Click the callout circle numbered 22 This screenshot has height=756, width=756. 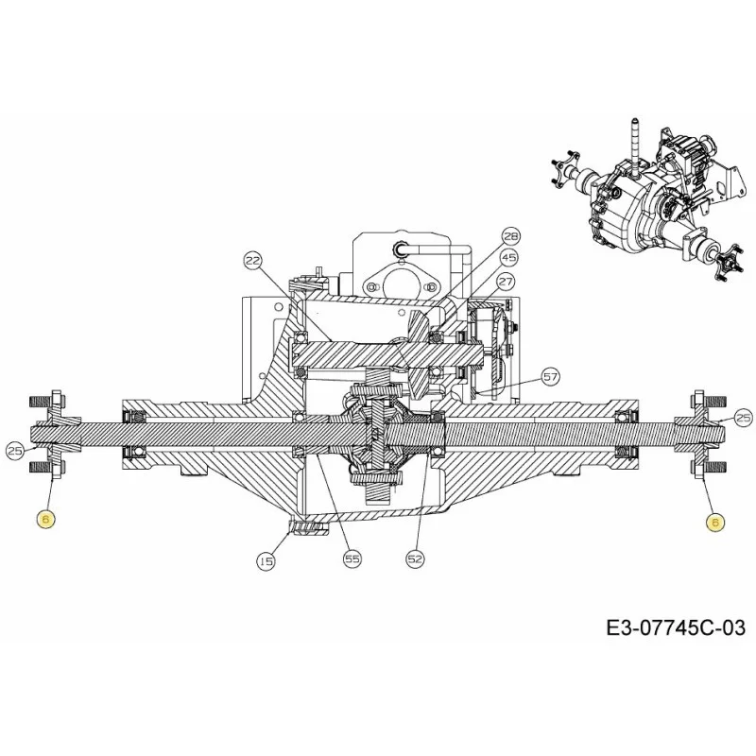click(x=252, y=262)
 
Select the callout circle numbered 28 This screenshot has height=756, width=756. click(x=510, y=236)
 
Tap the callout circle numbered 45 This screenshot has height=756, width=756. click(x=508, y=258)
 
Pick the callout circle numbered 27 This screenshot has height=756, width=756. click(x=506, y=282)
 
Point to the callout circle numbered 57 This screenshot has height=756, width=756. click(x=550, y=377)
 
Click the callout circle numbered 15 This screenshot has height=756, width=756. click(x=266, y=560)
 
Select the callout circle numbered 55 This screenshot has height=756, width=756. click(x=352, y=558)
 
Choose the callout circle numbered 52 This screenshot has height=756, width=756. click(x=415, y=558)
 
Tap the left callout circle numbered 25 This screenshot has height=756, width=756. click(x=15, y=451)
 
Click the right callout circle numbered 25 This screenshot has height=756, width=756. click(x=743, y=418)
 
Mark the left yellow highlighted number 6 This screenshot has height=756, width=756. click(x=46, y=519)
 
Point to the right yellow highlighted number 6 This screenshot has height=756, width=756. click(x=715, y=522)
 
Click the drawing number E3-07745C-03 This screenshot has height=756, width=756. click(x=676, y=628)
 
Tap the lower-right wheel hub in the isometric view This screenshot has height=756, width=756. click(x=726, y=261)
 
